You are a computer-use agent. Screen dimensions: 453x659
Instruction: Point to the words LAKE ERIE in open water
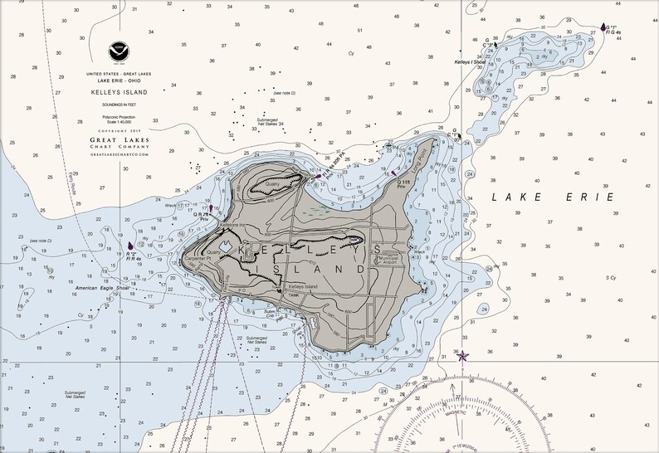click(x=552, y=197)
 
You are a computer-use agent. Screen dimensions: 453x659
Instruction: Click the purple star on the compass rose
click(x=463, y=356)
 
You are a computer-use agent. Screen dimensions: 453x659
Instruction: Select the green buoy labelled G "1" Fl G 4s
click(x=603, y=27)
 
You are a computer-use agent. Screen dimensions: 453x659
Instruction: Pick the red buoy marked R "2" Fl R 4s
click(x=131, y=246)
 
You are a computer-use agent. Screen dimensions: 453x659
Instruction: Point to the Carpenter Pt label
click(x=199, y=259)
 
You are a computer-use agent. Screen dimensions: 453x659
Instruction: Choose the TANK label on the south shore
click(x=292, y=295)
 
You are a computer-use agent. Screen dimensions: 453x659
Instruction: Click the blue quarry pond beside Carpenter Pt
click(x=227, y=246)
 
